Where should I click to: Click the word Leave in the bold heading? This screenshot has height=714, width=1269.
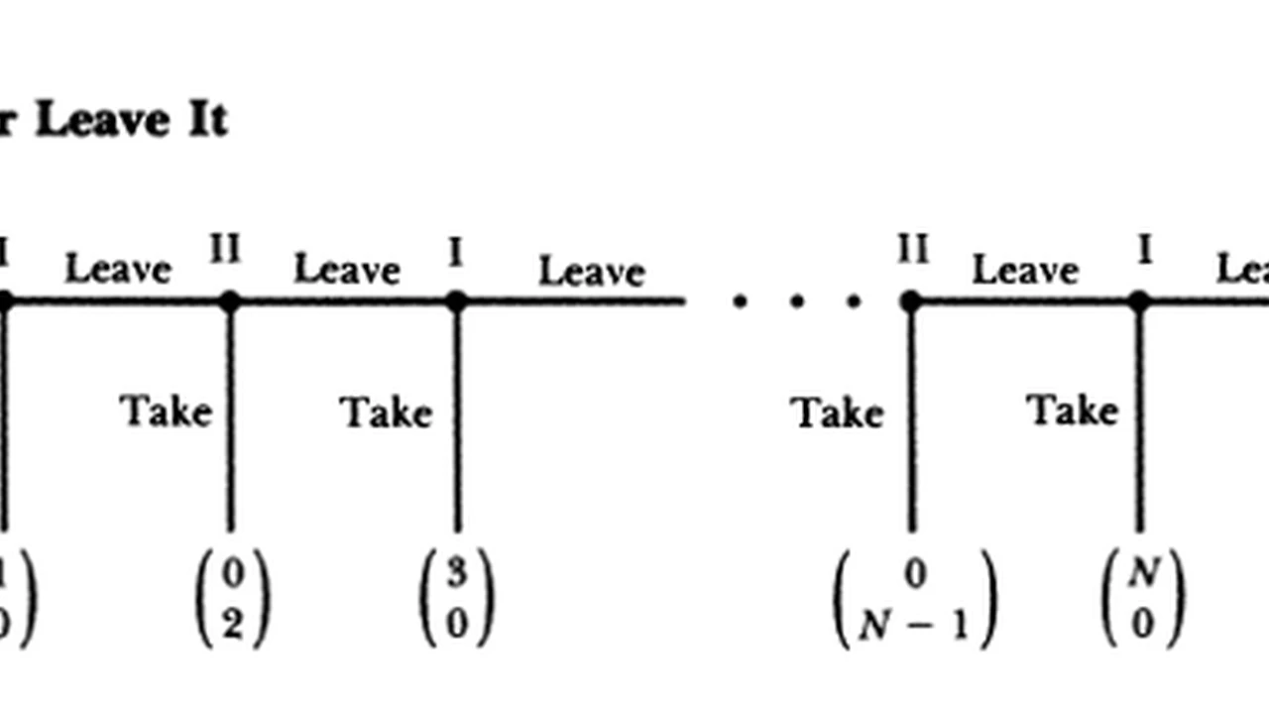tap(101, 121)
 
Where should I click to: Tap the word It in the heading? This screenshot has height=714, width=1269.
tap(206, 121)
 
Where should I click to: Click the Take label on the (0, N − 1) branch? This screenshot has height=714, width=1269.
tap(837, 412)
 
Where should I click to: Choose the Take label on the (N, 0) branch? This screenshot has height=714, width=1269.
tap(1072, 410)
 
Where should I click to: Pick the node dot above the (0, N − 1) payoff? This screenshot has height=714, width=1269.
tap(911, 300)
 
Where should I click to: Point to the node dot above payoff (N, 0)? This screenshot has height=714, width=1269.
tap(1139, 300)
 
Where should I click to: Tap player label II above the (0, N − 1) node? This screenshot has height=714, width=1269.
tap(912, 249)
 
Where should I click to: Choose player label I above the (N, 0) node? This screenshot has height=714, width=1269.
tap(1144, 250)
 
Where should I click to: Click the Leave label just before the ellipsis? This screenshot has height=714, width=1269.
tap(591, 271)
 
